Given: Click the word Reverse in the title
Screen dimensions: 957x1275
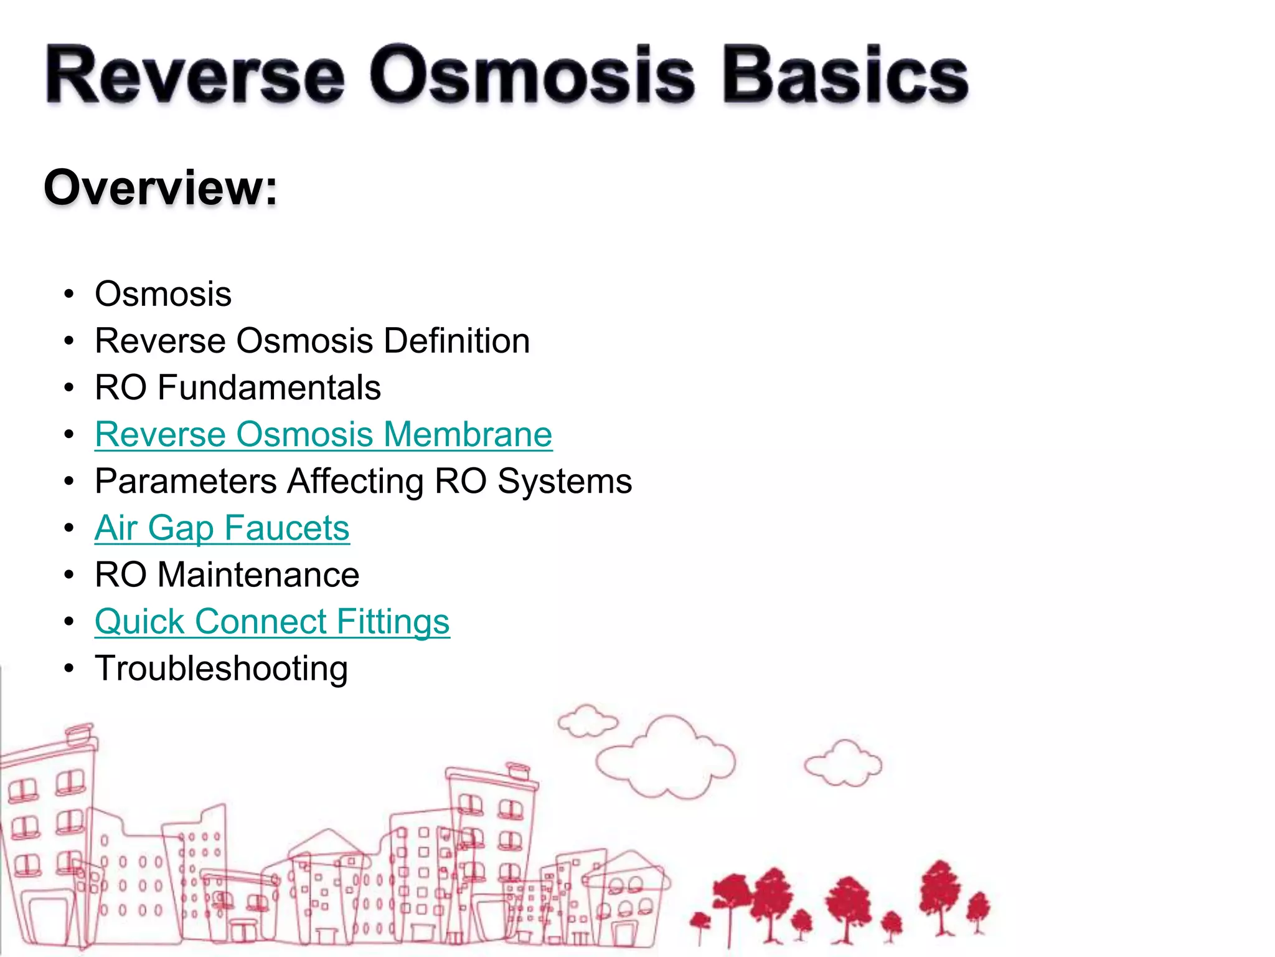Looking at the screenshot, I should [194, 76].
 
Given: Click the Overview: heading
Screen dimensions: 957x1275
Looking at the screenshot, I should [161, 188].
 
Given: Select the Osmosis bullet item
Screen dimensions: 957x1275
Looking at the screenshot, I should [163, 294].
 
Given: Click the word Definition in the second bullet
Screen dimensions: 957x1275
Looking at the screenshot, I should [456, 341].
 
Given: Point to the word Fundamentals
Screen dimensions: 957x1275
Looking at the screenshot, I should [269, 388].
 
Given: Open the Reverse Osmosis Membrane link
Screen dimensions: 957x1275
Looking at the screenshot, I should [323, 434].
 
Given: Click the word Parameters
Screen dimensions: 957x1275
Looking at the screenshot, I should [186, 482].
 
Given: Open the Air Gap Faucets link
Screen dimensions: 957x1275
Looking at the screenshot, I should [222, 528].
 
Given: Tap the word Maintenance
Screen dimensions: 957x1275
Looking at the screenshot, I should [258, 574].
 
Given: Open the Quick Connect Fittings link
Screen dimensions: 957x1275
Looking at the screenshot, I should [272, 622].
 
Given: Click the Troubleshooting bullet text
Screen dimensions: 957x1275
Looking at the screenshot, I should [221, 669].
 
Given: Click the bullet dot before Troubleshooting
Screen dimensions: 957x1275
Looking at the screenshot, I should [69, 669].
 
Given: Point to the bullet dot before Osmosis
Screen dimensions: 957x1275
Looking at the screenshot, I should [69, 294].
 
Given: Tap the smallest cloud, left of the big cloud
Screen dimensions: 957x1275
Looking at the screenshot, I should [587, 721].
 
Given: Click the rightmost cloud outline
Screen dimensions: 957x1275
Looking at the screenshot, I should [843, 764].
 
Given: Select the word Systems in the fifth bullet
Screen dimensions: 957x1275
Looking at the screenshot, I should [565, 482].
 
